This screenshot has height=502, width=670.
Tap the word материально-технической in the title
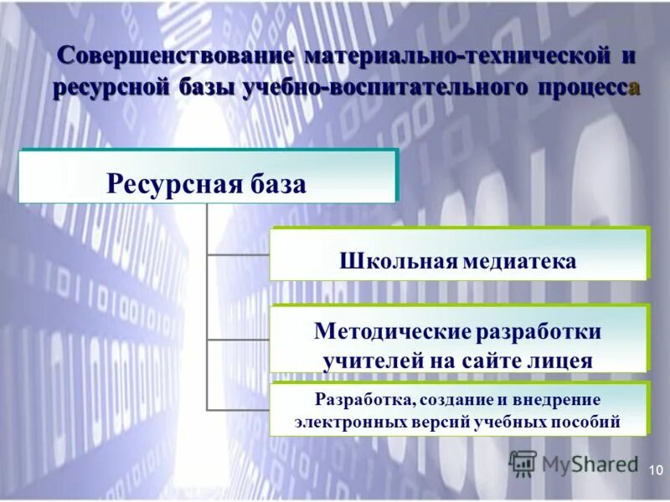point(458,57)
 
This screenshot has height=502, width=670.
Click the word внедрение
point(559,400)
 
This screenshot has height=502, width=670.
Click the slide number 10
point(654,471)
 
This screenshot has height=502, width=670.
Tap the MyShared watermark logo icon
point(523,464)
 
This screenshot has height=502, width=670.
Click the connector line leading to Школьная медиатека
point(238,254)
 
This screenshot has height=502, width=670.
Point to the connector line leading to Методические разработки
point(238,339)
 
